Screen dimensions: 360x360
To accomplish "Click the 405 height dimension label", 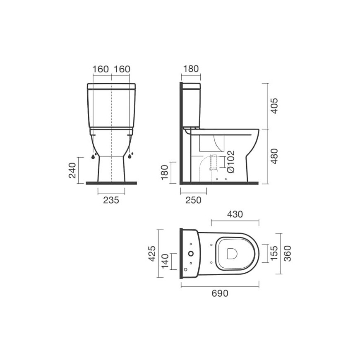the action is tap(274, 106).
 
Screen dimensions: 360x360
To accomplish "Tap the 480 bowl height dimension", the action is tap(274, 156).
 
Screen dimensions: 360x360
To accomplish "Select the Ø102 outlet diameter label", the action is tap(230, 162).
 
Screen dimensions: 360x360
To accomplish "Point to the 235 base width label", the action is tap(111, 200).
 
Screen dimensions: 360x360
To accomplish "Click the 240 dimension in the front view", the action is tap(72, 170).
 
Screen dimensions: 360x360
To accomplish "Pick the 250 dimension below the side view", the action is tap(193, 200).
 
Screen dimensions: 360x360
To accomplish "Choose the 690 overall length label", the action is tap(220, 293).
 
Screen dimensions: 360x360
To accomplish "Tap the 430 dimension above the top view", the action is tap(235, 214).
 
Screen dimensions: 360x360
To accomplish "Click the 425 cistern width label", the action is tap(152, 254).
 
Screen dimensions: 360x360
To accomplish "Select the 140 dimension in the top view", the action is tap(165, 262).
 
